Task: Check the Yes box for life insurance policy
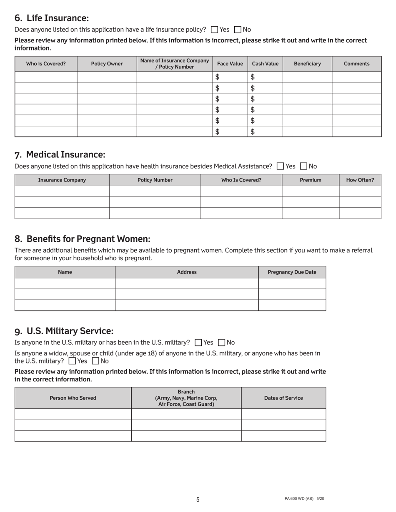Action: point(215,30)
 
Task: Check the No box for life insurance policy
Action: point(238,30)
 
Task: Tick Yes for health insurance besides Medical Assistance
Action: point(281,166)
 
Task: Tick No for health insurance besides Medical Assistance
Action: point(304,166)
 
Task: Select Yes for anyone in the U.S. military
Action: point(198,343)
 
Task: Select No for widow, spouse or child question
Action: point(95,361)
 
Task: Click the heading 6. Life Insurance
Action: point(52,18)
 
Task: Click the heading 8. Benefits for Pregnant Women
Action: point(82,239)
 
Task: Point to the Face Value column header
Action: point(230,64)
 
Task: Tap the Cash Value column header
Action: point(265,64)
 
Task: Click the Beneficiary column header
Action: point(307,64)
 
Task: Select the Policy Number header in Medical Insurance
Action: point(155,180)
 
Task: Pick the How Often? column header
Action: point(360,180)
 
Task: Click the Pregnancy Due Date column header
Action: point(292,272)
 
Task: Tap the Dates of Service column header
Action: point(283,398)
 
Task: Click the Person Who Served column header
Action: point(73,398)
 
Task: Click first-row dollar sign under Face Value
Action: point(217,77)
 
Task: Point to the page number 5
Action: point(198,500)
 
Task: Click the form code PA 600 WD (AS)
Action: point(299,499)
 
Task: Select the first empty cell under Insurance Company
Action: point(62,191)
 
